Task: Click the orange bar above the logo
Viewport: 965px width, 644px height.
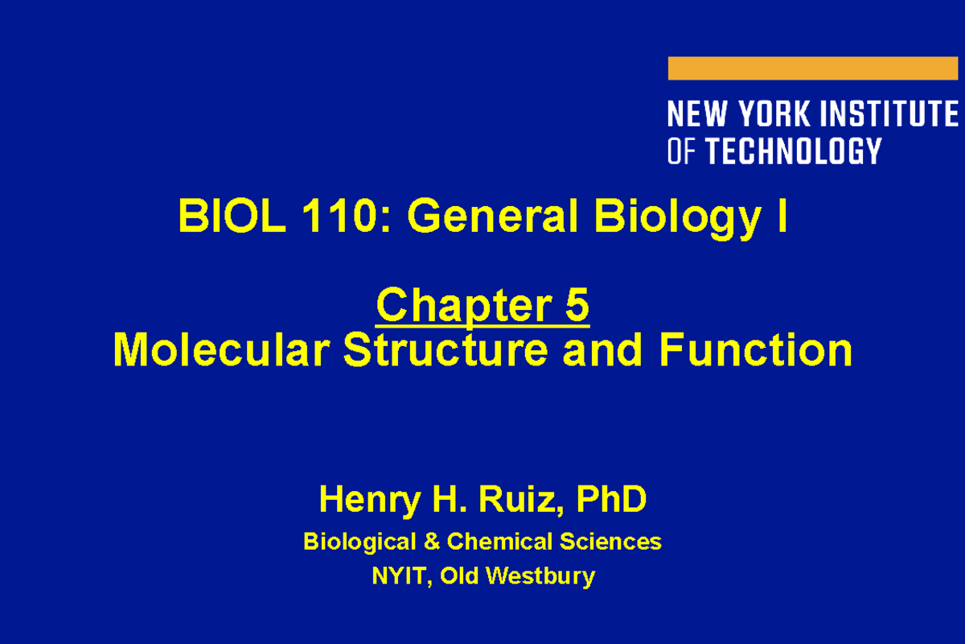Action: coord(812,68)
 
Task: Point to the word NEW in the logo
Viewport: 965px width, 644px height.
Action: coord(698,114)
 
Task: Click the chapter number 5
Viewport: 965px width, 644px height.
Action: coord(577,306)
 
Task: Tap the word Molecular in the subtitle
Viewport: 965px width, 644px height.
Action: coord(222,351)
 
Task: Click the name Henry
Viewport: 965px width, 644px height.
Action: coord(369,500)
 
